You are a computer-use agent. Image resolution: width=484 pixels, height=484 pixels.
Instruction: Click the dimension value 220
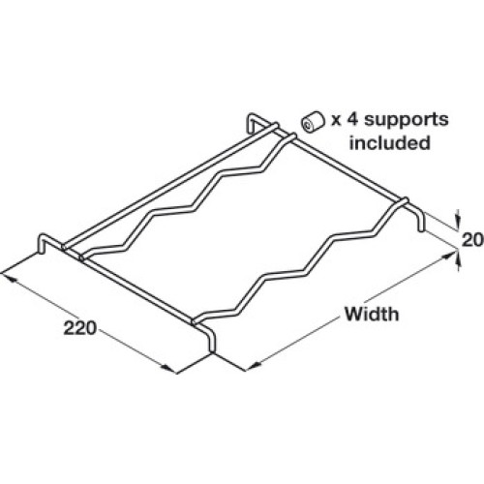[x=80, y=328]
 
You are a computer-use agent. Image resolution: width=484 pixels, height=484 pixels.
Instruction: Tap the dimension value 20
[x=472, y=240]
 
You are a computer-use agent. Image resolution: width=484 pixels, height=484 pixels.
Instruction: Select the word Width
[x=372, y=314]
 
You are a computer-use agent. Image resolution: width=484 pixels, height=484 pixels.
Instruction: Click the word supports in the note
[x=407, y=120]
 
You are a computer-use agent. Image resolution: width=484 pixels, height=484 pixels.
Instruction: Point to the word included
[x=390, y=142]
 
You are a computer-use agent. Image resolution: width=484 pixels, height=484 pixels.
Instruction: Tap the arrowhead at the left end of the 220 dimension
[x=8, y=278]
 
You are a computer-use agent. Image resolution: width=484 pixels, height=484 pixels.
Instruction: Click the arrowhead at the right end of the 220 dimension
[x=169, y=369]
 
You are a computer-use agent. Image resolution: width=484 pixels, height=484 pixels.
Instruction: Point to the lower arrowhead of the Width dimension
[x=253, y=366]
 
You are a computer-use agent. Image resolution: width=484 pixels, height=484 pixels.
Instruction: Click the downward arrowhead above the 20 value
[x=457, y=222]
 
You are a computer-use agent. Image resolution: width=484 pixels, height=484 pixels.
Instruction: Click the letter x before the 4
[x=336, y=121]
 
